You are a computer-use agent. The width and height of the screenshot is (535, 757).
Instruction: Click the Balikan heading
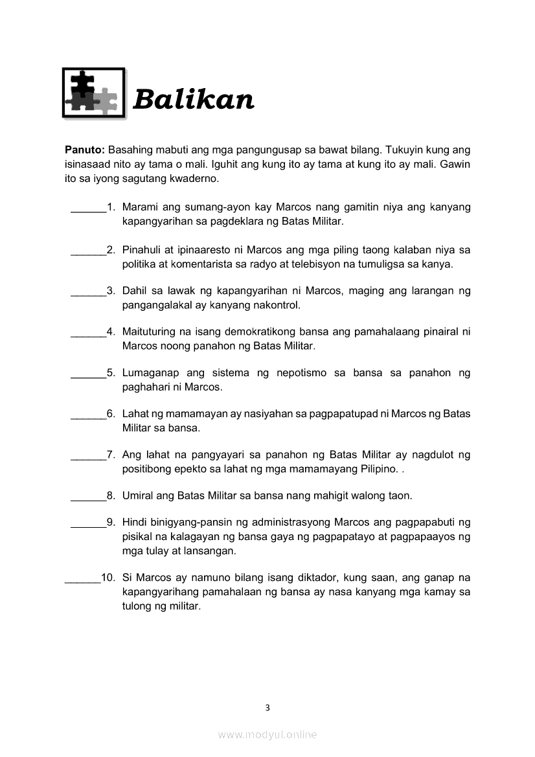[x=193, y=100]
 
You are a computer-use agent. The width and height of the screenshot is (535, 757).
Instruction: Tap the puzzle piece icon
[x=93, y=93]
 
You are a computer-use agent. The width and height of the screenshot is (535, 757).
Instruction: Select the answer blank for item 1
[x=88, y=208]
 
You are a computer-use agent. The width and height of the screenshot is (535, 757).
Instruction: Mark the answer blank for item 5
[x=88, y=374]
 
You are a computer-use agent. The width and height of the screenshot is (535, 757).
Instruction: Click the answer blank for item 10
[x=83, y=578]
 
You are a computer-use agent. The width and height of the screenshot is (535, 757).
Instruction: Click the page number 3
[x=267, y=707]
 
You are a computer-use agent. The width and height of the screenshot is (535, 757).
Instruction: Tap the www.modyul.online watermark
[x=267, y=734]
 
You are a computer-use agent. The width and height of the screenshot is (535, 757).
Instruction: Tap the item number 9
[x=111, y=522]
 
